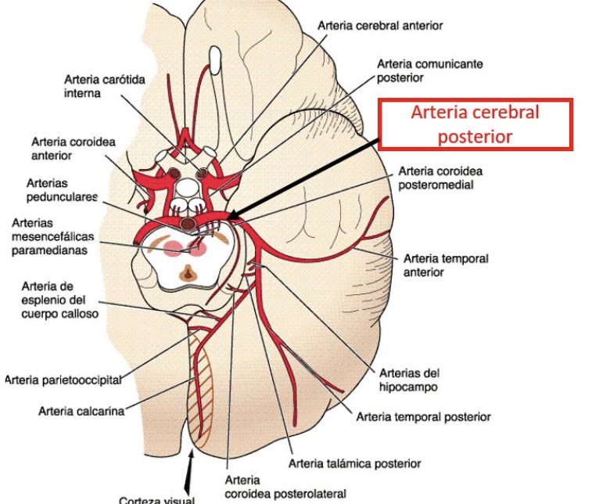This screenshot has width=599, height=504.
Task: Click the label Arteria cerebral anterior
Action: point(380,26)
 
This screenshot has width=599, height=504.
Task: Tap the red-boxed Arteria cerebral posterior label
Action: point(475,124)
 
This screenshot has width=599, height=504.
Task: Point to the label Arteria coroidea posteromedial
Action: point(440,178)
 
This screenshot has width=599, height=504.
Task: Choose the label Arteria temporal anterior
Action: point(445,265)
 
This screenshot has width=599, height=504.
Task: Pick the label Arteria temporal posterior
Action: point(423,417)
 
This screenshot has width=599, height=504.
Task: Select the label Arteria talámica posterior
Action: point(354,463)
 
